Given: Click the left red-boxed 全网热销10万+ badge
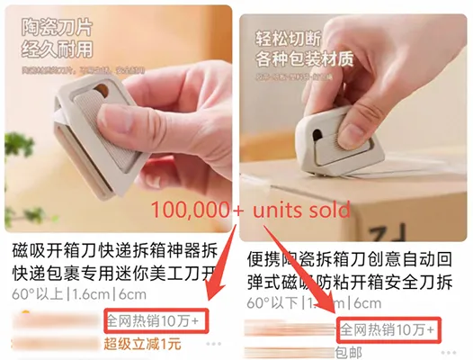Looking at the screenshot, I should coord(156,319).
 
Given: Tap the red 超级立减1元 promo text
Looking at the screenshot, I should coord(142,342).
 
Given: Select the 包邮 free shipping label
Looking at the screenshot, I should coord(352,351).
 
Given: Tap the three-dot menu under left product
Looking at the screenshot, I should coord(214,343).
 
